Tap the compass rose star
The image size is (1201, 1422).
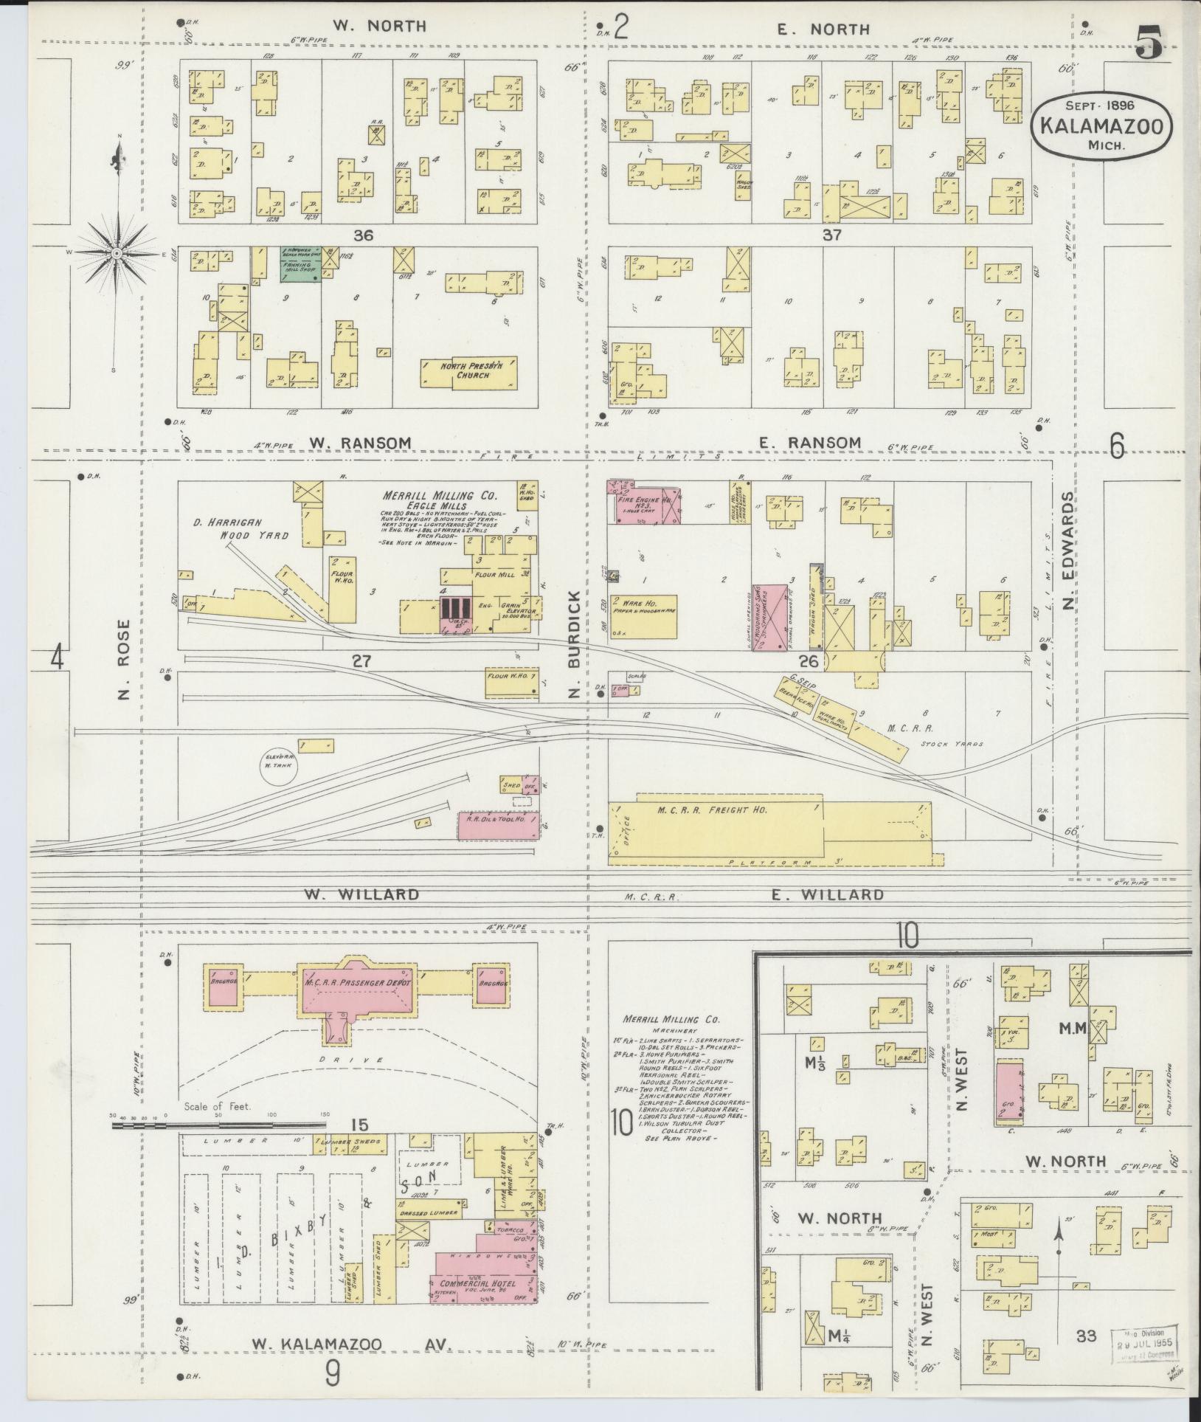click(117, 253)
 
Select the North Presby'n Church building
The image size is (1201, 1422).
click(469, 370)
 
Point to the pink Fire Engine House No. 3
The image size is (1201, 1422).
click(643, 501)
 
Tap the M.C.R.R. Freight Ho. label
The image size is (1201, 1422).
click(712, 810)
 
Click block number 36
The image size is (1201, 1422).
click(363, 235)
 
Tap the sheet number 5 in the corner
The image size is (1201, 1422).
click(1149, 42)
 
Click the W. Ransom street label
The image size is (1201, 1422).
click(359, 442)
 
